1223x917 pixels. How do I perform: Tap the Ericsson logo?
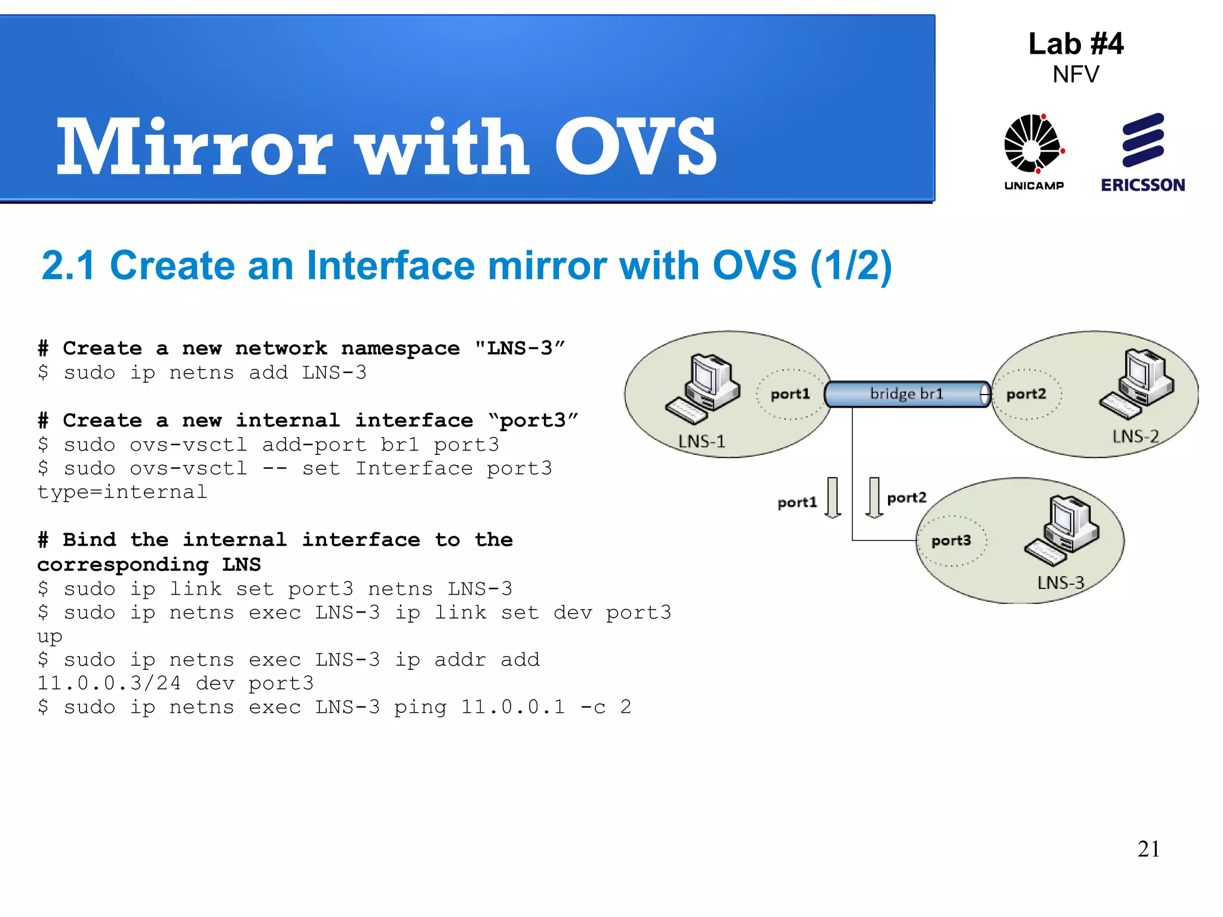point(1143,152)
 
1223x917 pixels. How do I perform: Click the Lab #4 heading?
point(1075,44)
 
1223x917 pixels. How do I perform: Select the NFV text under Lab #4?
point(1075,75)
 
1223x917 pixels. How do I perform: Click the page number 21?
point(1148,849)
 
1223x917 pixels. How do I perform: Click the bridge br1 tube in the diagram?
point(907,394)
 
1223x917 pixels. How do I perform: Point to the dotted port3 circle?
point(951,540)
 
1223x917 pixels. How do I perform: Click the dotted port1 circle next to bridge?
point(789,394)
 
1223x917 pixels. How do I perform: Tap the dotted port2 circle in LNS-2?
point(1027,394)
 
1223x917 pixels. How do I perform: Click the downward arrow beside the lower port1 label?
point(833,497)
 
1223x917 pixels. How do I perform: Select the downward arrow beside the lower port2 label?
point(874,497)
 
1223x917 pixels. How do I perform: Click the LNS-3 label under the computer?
point(1060,583)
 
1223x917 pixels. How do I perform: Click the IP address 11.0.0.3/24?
point(109,684)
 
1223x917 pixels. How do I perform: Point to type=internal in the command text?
point(122,492)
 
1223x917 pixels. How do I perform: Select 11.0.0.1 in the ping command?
point(512,707)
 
